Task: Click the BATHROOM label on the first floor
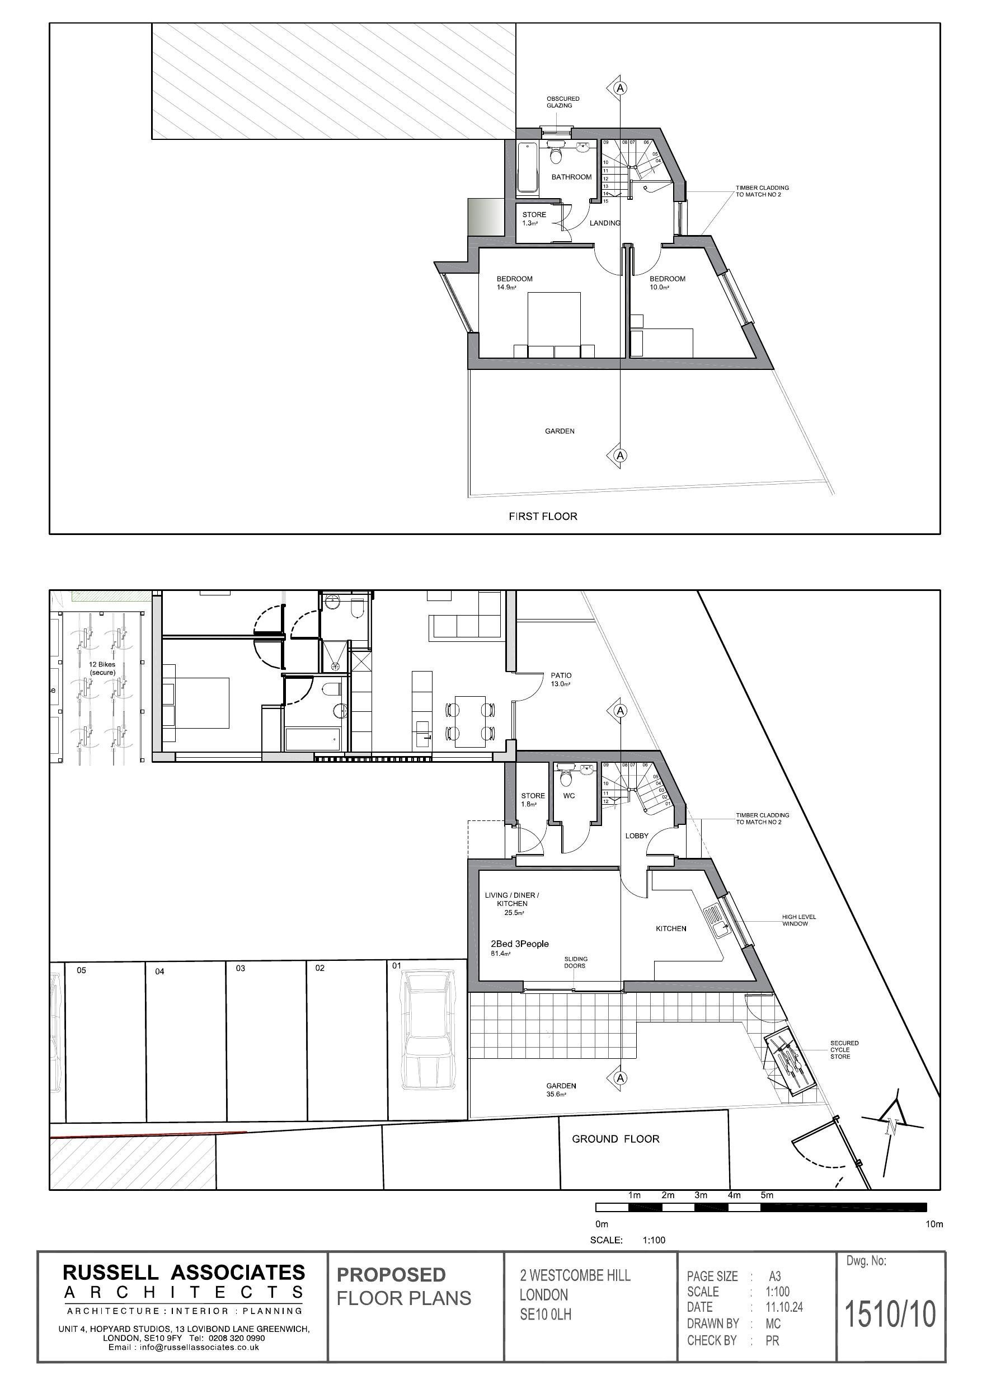571,177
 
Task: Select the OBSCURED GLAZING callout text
563,102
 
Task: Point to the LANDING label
604,223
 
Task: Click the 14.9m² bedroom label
514,283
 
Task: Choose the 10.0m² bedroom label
667,283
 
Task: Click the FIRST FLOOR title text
542,516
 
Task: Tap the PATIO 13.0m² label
561,679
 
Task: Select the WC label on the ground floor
568,796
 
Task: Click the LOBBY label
637,836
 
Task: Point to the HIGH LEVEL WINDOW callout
798,920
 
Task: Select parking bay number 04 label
159,972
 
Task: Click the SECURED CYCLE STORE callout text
844,1050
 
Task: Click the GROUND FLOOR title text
615,1138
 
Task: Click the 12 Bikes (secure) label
102,669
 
